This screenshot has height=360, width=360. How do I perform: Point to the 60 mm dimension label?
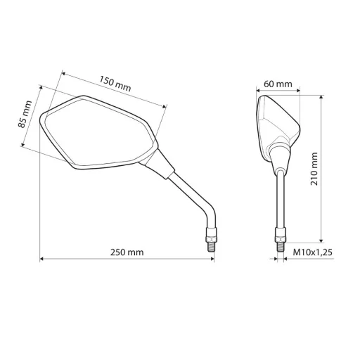tap(277, 84)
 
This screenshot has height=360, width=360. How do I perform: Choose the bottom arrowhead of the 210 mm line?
tap(321, 239)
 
